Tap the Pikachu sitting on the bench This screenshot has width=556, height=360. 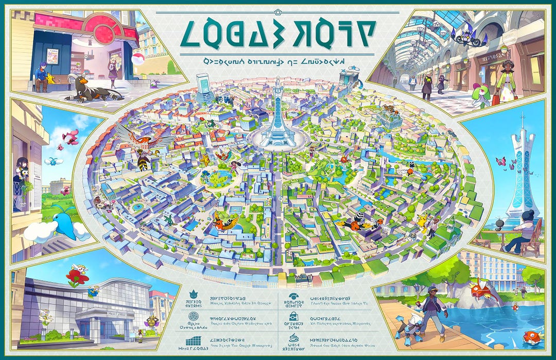click(x=51, y=78)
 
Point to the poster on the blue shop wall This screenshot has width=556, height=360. click(x=52, y=56)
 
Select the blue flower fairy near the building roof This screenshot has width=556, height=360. click(x=93, y=292)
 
